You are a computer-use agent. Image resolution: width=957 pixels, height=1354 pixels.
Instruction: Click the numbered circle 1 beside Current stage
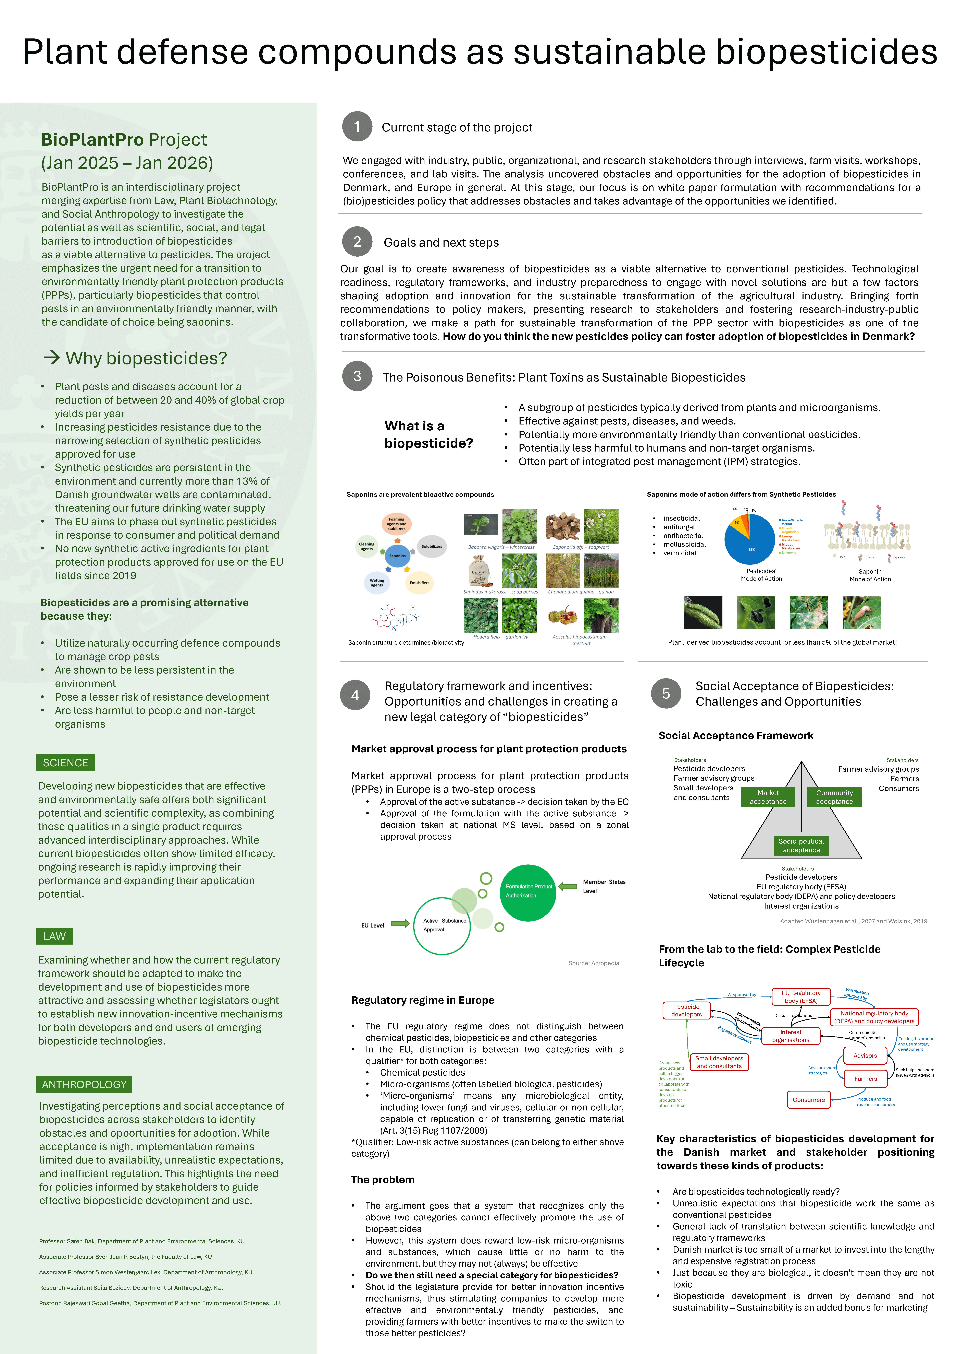357,126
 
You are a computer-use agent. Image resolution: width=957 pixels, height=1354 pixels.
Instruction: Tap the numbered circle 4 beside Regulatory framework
355,695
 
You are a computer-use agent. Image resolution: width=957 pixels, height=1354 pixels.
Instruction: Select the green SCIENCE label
65,762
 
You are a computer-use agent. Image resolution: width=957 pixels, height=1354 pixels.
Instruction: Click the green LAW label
55,936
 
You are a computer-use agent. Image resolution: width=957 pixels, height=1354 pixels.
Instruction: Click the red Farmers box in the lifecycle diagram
865,1079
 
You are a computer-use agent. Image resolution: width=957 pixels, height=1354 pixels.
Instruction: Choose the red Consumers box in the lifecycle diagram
808,1100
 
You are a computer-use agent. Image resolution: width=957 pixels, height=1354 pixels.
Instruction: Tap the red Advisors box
865,1056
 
